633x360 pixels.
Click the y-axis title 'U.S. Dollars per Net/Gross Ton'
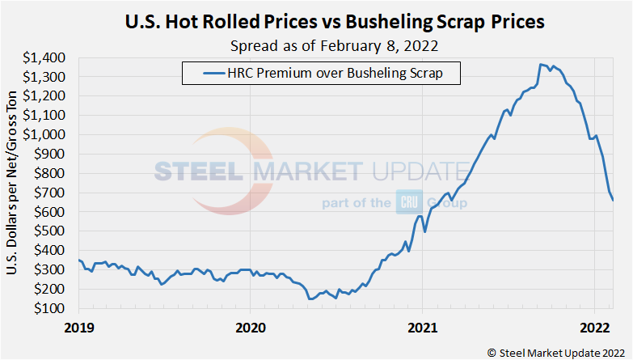tap(13, 182)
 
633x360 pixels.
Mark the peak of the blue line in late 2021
tap(541, 64)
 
